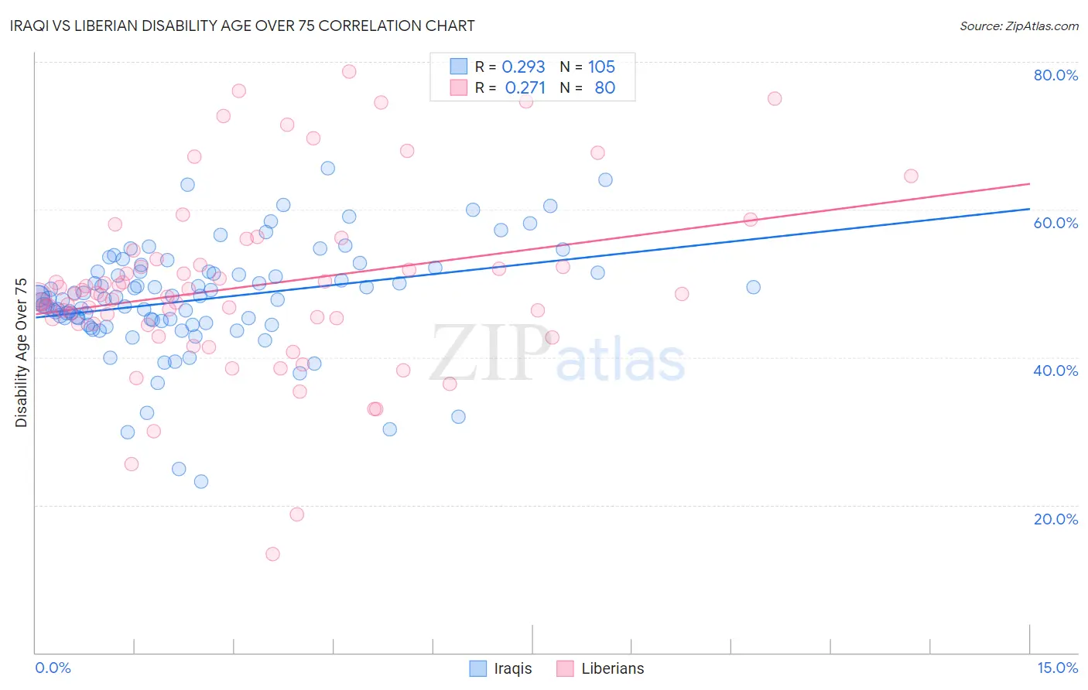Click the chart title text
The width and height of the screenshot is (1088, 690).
[x=242, y=26]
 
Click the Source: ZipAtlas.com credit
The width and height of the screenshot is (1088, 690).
[x=1018, y=26]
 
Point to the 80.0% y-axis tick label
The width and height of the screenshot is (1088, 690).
[x=1055, y=75]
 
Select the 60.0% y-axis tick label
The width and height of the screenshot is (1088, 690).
[x=1055, y=223]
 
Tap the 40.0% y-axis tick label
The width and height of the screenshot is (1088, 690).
[x=1055, y=371]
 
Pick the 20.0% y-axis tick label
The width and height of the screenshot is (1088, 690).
[x=1055, y=519]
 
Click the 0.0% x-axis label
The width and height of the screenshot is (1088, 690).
[x=53, y=668]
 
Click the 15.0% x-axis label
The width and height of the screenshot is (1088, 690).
[x=1057, y=668]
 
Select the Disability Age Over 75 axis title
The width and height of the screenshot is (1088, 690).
[x=22, y=353]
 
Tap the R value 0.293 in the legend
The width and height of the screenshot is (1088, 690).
[x=523, y=67]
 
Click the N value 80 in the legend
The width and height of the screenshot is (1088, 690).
[x=604, y=88]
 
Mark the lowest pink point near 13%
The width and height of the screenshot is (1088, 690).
[x=272, y=554]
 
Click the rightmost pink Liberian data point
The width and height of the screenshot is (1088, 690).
[x=911, y=176]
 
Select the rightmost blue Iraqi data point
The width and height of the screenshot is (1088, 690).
[x=753, y=287]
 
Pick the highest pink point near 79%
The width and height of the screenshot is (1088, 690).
[x=349, y=71]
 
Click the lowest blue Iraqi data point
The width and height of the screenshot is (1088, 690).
[x=201, y=481]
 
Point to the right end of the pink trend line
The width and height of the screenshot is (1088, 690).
[x=1029, y=183]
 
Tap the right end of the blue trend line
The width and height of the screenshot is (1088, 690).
[x=1029, y=209]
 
